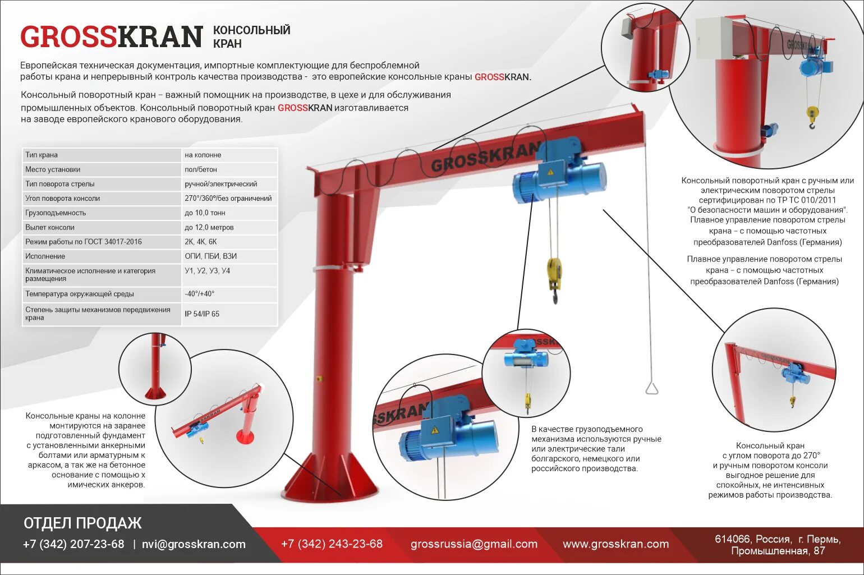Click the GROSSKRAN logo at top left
[111, 36]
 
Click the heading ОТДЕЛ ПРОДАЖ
[82, 523]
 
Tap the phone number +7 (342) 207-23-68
[73, 544]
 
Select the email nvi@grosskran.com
[194, 544]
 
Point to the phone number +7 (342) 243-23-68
[332, 544]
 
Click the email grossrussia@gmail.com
[474, 544]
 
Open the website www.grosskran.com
[615, 544]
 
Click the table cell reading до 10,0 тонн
[205, 213]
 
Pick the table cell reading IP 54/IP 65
[202, 314]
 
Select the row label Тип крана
[42, 155]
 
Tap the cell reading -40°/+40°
[200, 294]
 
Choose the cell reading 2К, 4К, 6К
[201, 242]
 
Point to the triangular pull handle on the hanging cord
[651, 388]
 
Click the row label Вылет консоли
[50, 227]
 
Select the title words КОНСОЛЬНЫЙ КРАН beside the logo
[251, 36]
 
